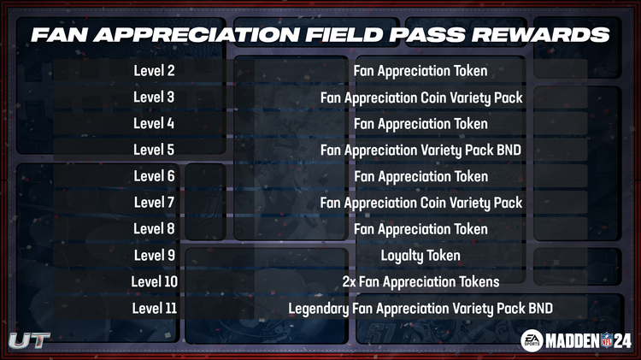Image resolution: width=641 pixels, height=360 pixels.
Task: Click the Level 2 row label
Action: (154, 71)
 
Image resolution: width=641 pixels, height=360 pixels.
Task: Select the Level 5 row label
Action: (154, 150)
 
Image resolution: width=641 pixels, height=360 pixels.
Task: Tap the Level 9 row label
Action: (154, 255)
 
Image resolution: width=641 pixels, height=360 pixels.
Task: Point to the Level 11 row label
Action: (154, 308)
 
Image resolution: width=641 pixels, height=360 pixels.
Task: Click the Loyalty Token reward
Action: (420, 255)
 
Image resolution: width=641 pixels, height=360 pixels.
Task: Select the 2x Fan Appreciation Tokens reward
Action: (420, 281)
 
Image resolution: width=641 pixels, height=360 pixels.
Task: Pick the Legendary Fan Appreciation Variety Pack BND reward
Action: (420, 308)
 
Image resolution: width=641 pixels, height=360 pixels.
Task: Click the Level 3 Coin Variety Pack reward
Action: (420, 97)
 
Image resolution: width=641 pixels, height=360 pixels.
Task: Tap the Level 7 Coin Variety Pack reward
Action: (420, 203)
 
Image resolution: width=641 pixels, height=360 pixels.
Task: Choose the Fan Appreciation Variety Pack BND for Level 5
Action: (420, 150)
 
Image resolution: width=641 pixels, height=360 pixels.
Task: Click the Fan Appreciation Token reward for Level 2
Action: (420, 71)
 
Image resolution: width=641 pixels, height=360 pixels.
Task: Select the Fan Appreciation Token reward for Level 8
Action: (420, 229)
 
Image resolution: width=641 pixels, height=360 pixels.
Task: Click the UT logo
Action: (29, 339)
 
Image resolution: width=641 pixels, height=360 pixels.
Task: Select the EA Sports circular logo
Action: (532, 340)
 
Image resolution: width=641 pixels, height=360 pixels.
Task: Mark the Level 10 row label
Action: (154, 281)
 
